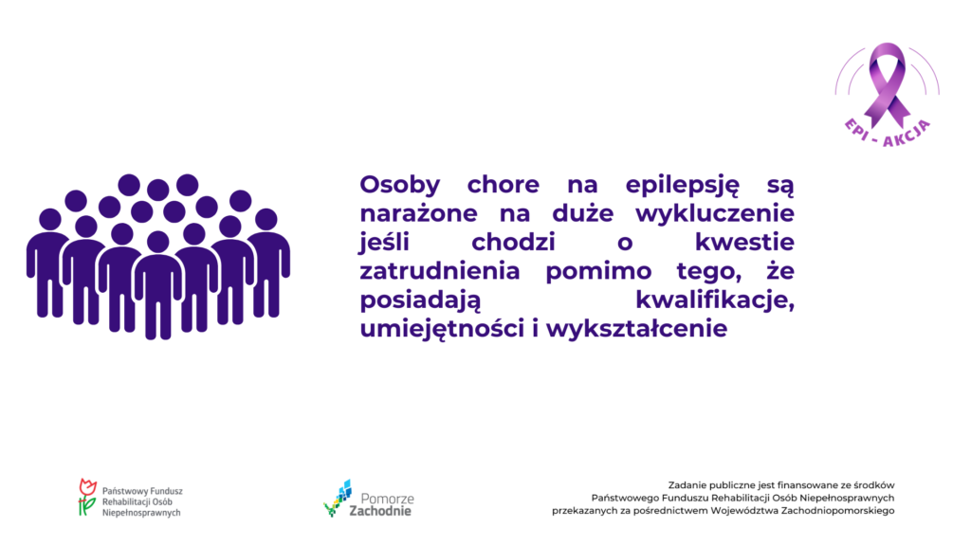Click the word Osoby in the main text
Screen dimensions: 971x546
click(x=399, y=185)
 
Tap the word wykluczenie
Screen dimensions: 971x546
click(x=715, y=213)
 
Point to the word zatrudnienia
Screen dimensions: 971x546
click(x=440, y=271)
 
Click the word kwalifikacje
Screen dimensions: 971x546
click(x=715, y=300)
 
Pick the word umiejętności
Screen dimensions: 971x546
click(x=442, y=329)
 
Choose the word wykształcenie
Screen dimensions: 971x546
click(x=636, y=329)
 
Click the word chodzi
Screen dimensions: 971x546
click(x=513, y=242)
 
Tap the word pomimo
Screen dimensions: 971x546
click(x=598, y=272)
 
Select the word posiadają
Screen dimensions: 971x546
click(x=420, y=300)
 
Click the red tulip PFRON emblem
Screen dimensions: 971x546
click(x=87, y=497)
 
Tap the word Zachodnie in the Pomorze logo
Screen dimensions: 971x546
click(x=380, y=511)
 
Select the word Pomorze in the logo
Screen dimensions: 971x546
click(x=387, y=499)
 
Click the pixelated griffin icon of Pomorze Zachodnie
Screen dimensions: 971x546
click(x=338, y=498)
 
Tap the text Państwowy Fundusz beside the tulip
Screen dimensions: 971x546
click(x=142, y=491)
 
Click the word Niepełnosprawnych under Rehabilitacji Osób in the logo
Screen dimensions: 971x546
click(x=141, y=513)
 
